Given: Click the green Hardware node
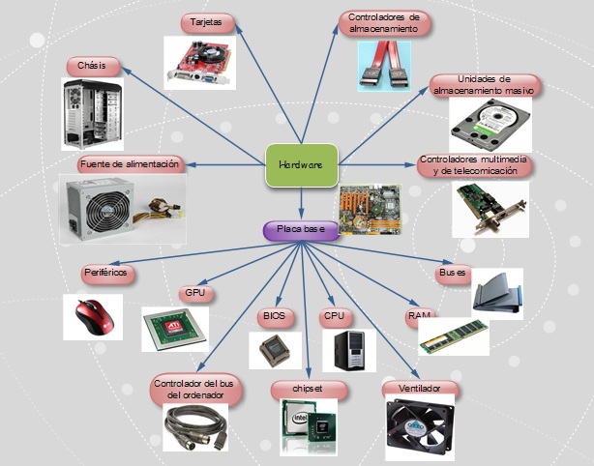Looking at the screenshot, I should coord(301,165).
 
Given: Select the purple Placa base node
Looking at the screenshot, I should coord(301,230).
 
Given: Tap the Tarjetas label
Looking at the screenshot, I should coord(206,21).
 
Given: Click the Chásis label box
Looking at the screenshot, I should coord(93,67).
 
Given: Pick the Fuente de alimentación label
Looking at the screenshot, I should coord(130,164).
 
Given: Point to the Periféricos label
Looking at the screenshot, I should coord(105,274).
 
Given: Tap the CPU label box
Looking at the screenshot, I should coord(334,316).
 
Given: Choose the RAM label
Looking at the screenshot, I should coord(419,316).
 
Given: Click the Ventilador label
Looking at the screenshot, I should coord(419,389).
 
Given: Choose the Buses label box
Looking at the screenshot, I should coord(453,274).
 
